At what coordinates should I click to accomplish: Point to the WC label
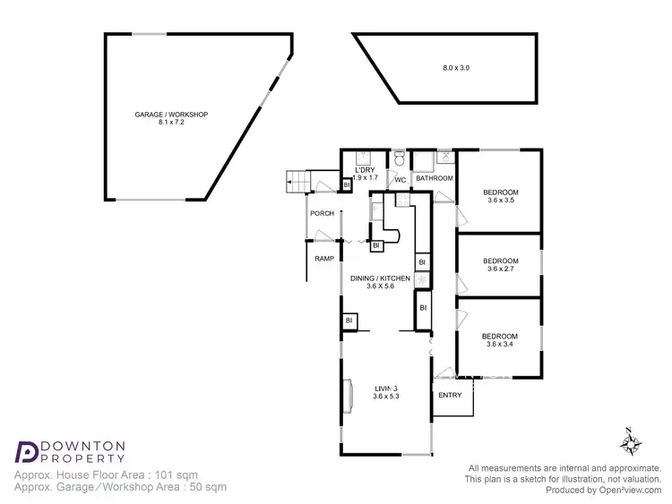click(x=401, y=180)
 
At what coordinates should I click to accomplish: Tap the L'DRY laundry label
click(x=365, y=169)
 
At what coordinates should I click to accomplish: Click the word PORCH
click(x=322, y=213)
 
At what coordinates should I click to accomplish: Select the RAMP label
click(x=324, y=259)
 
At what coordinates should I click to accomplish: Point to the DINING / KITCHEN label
click(x=380, y=278)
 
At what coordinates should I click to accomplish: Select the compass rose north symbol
click(x=630, y=443)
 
